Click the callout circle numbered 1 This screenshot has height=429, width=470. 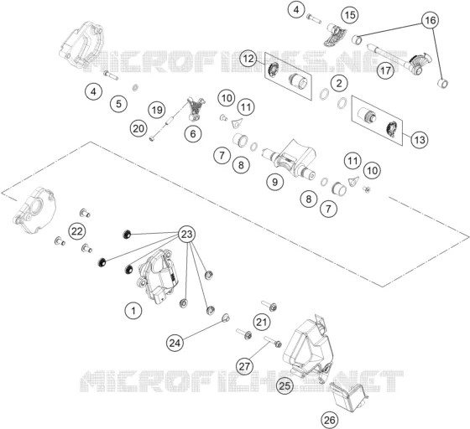tap(133, 311)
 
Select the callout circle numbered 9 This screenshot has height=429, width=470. tap(274, 182)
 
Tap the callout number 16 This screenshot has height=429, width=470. tap(430, 20)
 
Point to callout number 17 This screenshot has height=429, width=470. tap(385, 70)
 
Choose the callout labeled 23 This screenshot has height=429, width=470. tap(186, 235)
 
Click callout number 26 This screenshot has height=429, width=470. tap(329, 420)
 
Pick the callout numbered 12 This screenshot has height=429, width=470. tap(248, 59)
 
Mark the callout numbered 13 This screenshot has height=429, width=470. tap(420, 139)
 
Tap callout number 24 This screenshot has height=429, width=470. tap(175, 343)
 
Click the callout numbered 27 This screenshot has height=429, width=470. tap(244, 366)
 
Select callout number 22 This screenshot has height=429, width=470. tap(76, 231)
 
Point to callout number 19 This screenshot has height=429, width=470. tap(157, 110)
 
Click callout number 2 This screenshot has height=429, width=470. tap(339, 83)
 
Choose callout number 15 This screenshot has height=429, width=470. tap(350, 14)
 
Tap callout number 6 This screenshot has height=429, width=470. tap(193, 133)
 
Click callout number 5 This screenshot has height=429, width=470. tap(118, 104)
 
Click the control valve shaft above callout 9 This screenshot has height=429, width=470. tap(289, 159)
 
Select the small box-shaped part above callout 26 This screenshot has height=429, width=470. tap(348, 396)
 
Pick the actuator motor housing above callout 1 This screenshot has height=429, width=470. tap(158, 276)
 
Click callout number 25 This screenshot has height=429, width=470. tap(285, 385)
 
